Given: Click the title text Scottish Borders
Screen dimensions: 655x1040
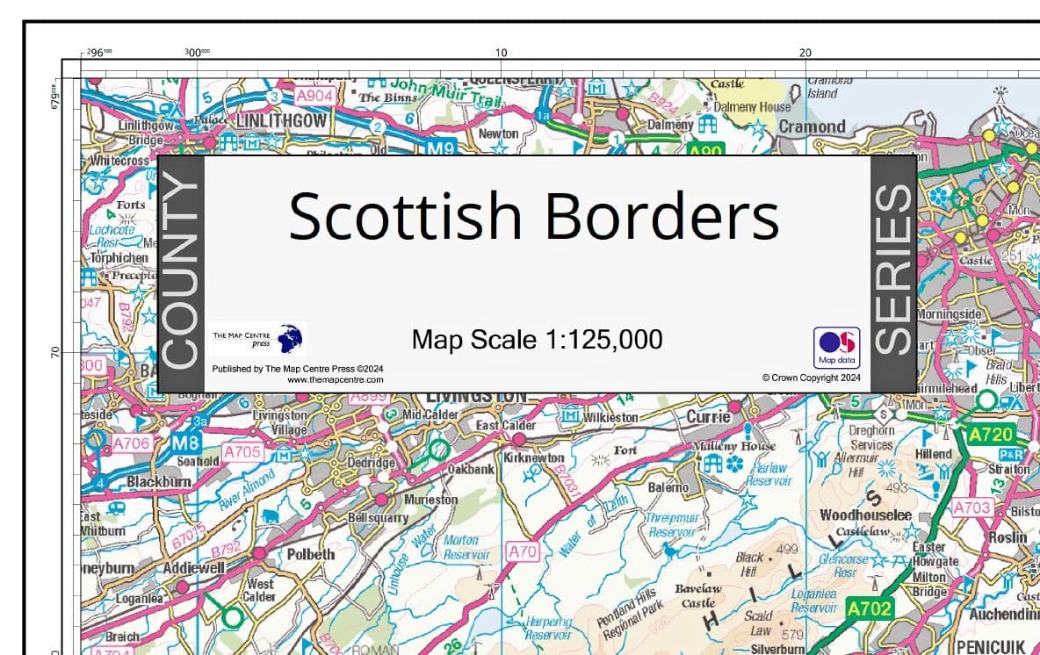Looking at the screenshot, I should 533,216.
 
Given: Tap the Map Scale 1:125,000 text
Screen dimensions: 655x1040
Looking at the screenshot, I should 537,339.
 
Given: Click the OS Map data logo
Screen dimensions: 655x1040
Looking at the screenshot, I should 836,348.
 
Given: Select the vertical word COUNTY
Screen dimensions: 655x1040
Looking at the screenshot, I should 181,273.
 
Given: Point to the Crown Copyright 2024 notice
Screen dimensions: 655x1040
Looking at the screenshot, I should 811,378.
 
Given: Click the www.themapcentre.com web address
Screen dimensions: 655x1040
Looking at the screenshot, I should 335,380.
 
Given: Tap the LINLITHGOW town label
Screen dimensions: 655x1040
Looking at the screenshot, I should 280,120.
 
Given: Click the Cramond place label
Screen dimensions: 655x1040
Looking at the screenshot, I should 812,126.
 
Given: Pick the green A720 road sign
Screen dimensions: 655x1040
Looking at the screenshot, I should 991,434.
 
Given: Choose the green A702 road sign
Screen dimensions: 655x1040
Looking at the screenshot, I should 869,608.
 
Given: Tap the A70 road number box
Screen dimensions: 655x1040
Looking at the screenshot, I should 523,552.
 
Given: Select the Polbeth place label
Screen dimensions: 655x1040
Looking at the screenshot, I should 311,554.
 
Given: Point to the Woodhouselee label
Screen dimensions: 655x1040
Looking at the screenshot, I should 865,515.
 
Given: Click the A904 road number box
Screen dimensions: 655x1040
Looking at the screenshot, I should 313,96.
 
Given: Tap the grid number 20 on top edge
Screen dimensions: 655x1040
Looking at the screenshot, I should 805,53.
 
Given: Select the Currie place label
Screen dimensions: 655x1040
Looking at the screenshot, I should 708,417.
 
